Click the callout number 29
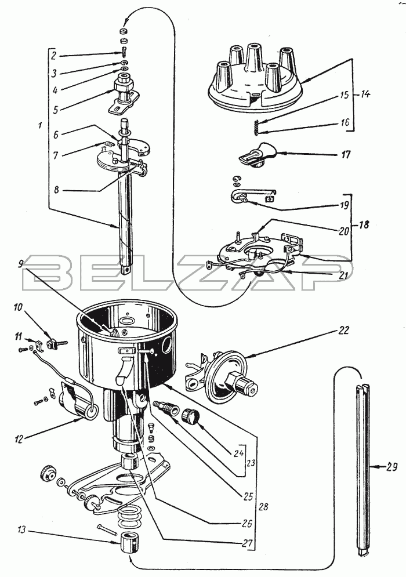point(391,467)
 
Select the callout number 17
point(346,154)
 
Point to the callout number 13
point(21,530)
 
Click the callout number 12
point(19,439)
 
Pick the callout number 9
point(21,263)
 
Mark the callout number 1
point(40,125)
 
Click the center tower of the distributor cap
point(254,59)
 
